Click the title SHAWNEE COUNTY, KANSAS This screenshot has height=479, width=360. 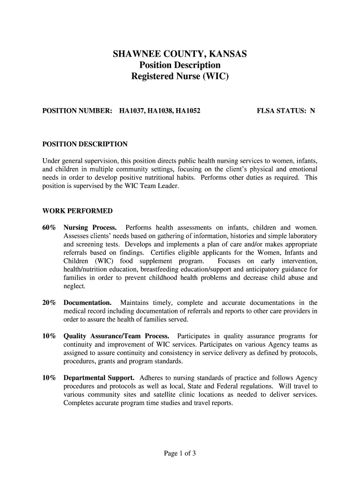click(180, 55)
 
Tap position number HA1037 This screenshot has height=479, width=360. click(131, 111)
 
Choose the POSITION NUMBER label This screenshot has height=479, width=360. click(77, 111)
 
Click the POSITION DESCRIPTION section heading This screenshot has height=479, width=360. click(85, 144)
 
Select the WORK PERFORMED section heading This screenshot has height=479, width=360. click(77, 211)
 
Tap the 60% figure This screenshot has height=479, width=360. click(49, 228)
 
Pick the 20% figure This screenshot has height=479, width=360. click(49, 303)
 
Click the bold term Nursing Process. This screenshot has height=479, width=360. click(90, 228)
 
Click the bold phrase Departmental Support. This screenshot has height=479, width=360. click(99, 378)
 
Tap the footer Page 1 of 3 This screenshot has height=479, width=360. click(180, 453)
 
